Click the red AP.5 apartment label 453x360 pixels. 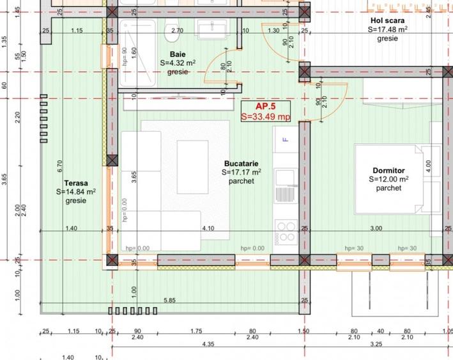pyautogui.click(x=265, y=106)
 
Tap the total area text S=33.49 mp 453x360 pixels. pyautogui.click(x=265, y=116)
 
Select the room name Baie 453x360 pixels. pyautogui.click(x=178, y=54)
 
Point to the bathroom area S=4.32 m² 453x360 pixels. pyautogui.click(x=178, y=63)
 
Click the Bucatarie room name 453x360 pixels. pyautogui.click(x=240, y=163)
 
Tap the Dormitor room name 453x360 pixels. pyautogui.click(x=389, y=171)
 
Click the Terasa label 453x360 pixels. pyautogui.click(x=75, y=182)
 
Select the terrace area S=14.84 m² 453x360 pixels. pyautogui.click(x=75, y=191)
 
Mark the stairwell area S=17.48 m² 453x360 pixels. pyautogui.click(x=388, y=29)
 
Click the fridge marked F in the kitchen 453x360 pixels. pyautogui.click(x=285, y=139)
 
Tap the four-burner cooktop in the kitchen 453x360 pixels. pyautogui.click(x=285, y=229)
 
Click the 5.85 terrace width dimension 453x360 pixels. pyautogui.click(x=169, y=300)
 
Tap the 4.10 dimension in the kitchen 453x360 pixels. pyautogui.click(x=208, y=228)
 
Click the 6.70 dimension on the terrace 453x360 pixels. pyautogui.click(x=59, y=166)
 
